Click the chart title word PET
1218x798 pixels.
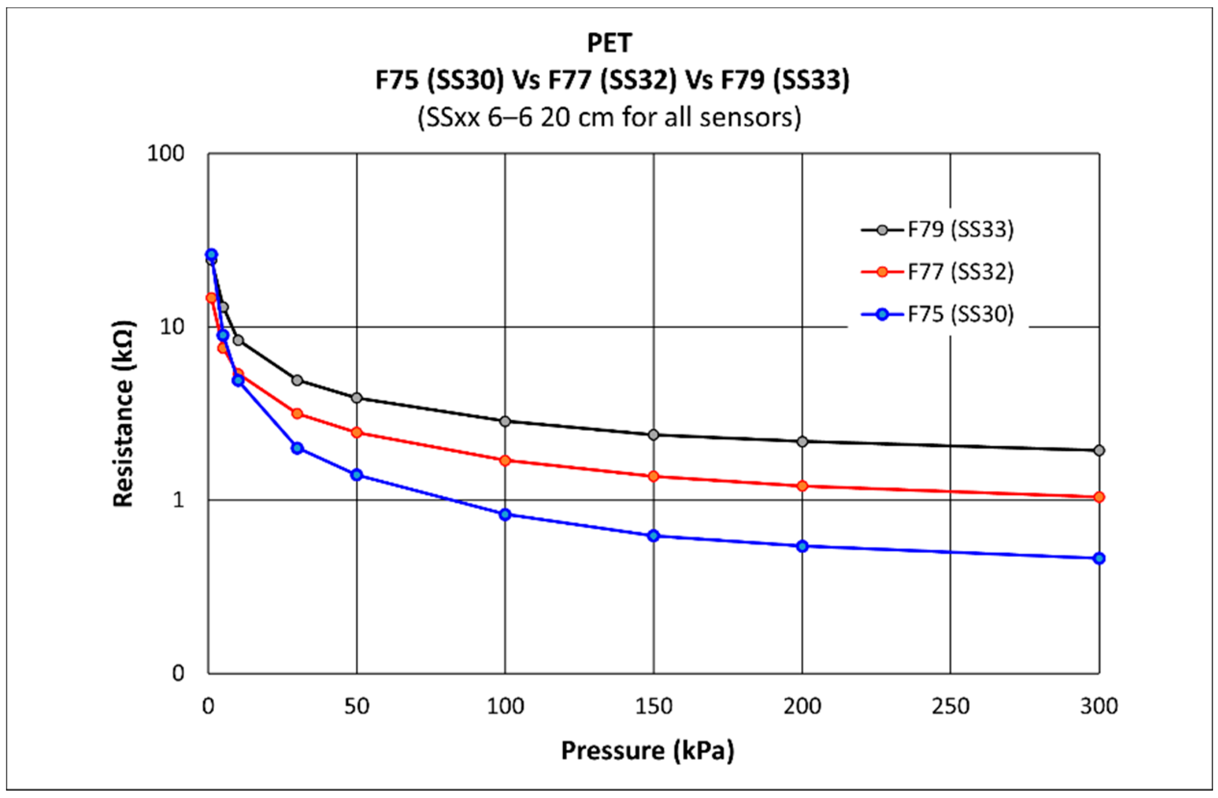tap(609, 43)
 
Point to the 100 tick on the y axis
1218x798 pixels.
tap(165, 153)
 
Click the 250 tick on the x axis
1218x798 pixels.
tap(950, 707)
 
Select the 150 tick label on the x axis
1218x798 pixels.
tap(653, 707)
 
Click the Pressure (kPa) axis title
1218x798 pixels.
tap(647, 751)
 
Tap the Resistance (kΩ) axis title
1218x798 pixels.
tap(123, 414)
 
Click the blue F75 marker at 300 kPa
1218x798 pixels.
tap(1099, 558)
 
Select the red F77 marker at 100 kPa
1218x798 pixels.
tap(505, 461)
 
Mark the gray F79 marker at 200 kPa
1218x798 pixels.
tap(803, 441)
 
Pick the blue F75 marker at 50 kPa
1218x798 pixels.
tap(357, 474)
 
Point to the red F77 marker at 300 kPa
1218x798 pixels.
tap(1099, 497)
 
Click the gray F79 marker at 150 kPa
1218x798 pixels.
tap(653, 434)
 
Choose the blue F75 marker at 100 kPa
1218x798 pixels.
tap(505, 514)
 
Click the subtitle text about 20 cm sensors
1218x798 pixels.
tap(609, 118)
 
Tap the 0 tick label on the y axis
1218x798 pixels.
tap(177, 673)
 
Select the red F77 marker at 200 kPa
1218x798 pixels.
tap(803, 486)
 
